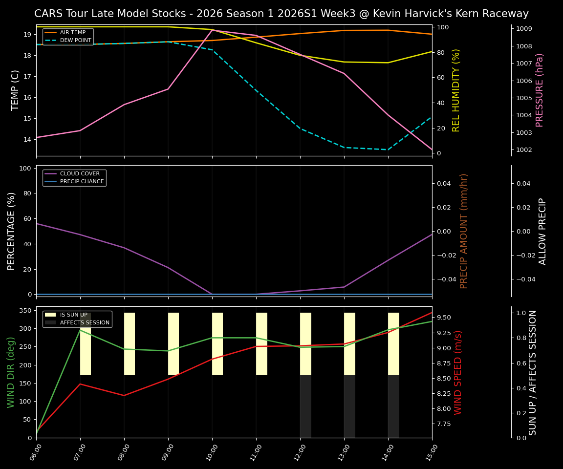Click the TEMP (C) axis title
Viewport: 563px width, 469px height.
click(16, 90)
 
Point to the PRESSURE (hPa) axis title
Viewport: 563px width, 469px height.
click(540, 90)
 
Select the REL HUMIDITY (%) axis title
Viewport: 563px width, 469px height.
click(456, 90)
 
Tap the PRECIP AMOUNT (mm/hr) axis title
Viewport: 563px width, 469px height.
click(464, 231)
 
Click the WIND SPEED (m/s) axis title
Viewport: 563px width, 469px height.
click(458, 372)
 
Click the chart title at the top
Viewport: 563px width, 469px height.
click(281, 14)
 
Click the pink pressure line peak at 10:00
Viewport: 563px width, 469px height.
click(212, 30)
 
